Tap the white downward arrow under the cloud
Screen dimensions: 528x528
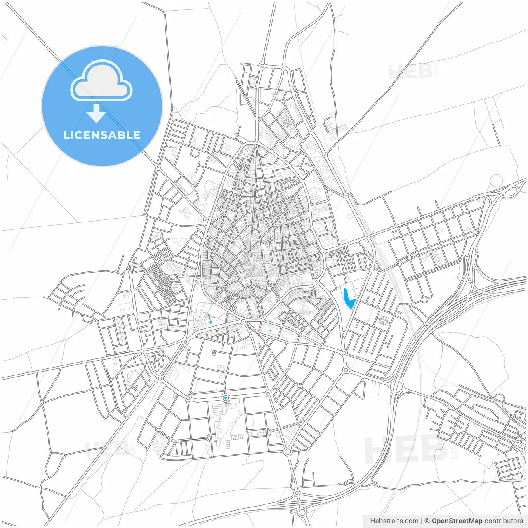pyautogui.click(x=96, y=113)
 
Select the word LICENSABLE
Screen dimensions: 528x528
pyautogui.click(x=102, y=135)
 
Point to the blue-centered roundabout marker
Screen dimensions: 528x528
pyautogui.click(x=225, y=398)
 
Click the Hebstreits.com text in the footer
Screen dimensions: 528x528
pyautogui.click(x=394, y=521)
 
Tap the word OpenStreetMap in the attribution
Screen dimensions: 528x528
pyautogui.click(x=457, y=521)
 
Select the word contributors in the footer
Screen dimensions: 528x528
pyautogui.click(x=504, y=521)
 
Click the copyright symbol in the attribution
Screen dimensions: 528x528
pyautogui.click(x=427, y=521)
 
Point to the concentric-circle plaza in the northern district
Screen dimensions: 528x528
pyautogui.click(x=286, y=123)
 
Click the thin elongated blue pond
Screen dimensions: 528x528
pyautogui.click(x=209, y=318)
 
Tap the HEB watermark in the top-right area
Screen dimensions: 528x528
pyautogui.click(x=410, y=72)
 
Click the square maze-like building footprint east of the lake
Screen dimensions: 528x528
pyautogui.click(x=384, y=320)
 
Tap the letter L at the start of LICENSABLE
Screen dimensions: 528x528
pyautogui.click(x=66, y=135)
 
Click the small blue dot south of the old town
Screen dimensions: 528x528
pyautogui.click(x=270, y=330)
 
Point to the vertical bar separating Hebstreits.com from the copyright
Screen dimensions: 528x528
pyautogui.click(x=422, y=521)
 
